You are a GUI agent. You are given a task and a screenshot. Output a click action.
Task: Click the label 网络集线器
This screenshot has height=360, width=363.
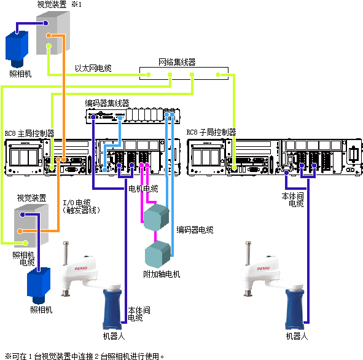pos(177,62)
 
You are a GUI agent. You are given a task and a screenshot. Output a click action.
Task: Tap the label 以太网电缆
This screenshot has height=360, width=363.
pos(93,68)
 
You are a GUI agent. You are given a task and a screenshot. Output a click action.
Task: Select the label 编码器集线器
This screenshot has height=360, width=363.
pos(107,103)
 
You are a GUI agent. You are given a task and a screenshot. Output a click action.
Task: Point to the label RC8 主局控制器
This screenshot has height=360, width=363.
pos(29,133)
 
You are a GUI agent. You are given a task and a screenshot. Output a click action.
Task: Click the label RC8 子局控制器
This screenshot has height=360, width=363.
pos(211,132)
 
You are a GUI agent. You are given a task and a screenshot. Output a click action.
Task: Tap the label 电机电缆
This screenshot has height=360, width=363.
pos(143,189)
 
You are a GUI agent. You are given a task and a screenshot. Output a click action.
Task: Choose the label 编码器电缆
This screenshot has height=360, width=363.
pos(195,230)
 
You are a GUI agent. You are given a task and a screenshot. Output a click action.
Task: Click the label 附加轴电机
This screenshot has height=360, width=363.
pos(162,274)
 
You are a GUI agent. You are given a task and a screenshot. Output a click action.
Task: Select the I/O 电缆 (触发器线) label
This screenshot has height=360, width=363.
pos(81,206)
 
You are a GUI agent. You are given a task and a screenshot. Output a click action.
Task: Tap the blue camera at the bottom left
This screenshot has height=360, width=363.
pos(39,286)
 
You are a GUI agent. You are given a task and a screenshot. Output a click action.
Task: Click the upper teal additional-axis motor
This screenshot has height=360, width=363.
pos(157,217)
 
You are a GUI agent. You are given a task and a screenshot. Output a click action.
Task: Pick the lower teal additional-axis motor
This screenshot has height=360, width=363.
pos(158,254)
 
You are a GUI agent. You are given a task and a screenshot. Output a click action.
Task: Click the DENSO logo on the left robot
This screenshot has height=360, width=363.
pos(81,268)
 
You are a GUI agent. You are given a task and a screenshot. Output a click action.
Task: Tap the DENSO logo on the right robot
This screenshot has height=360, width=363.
pos(263,268)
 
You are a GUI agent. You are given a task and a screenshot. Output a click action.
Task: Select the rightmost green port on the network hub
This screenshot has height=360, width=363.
pos(218,74)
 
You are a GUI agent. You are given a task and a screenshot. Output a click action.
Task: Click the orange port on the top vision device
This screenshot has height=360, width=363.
pos(49,36)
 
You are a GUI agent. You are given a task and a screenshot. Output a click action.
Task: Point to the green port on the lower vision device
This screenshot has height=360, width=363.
pos(25,243)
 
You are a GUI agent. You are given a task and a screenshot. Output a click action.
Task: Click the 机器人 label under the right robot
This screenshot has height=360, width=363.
pos(297,336)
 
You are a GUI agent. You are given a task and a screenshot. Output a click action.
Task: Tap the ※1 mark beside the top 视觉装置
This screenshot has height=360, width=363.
pos(76,4)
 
